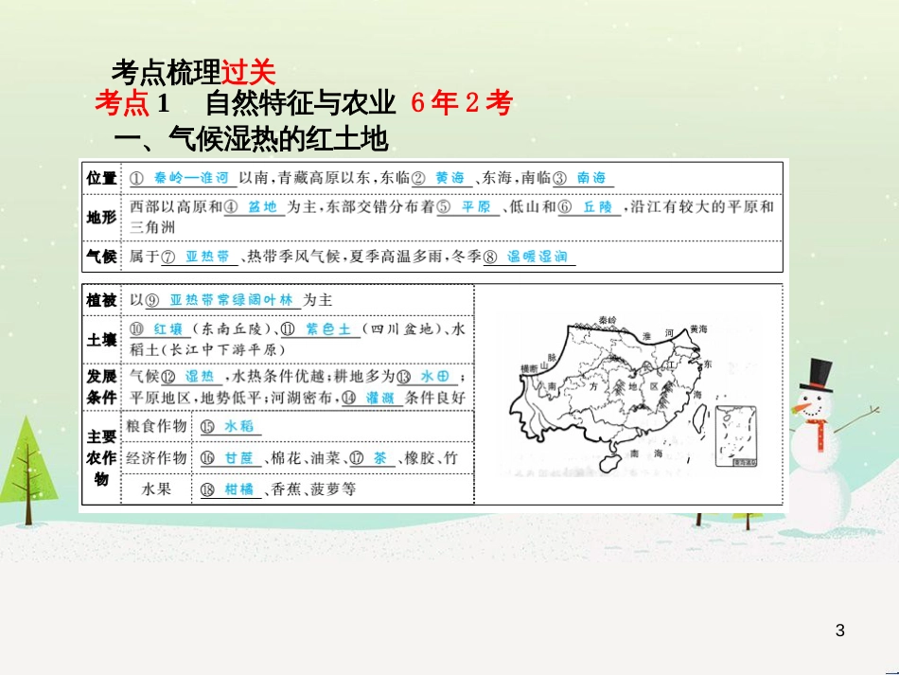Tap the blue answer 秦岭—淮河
(x=191, y=177)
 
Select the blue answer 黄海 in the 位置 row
(x=449, y=177)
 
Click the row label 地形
(x=101, y=217)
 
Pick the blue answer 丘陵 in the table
(x=598, y=207)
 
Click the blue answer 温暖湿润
(x=537, y=257)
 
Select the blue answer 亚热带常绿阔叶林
(x=233, y=299)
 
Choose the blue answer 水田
(x=435, y=375)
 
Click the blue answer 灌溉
(x=379, y=398)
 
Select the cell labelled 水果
(x=155, y=489)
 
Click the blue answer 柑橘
(x=239, y=489)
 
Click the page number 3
(x=840, y=631)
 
